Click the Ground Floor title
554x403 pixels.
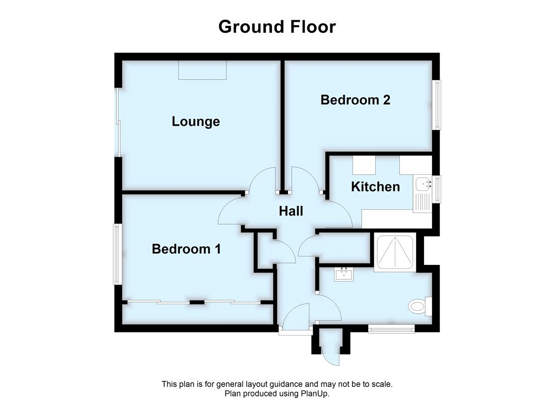(277, 26)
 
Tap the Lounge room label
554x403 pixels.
(196, 121)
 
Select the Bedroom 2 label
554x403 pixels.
(355, 100)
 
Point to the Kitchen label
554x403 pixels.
(375, 187)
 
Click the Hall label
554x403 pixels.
(291, 211)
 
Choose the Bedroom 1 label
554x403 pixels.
(186, 249)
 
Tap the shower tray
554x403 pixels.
(396, 252)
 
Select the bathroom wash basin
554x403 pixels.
(344, 274)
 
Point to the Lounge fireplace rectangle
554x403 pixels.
(202, 70)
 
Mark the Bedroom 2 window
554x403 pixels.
(438, 105)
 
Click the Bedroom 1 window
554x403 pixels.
(117, 253)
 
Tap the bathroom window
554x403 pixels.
(391, 329)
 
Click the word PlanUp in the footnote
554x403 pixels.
(317, 393)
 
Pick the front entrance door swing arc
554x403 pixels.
(297, 315)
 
